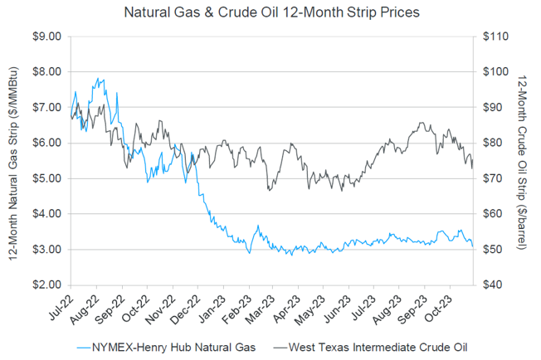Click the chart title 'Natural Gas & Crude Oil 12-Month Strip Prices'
pos(270,12)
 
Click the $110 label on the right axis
pos(495,36)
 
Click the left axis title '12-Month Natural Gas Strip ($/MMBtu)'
pos(14,160)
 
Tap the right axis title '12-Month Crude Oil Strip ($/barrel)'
pos(523,160)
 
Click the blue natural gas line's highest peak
pos(100,79)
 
